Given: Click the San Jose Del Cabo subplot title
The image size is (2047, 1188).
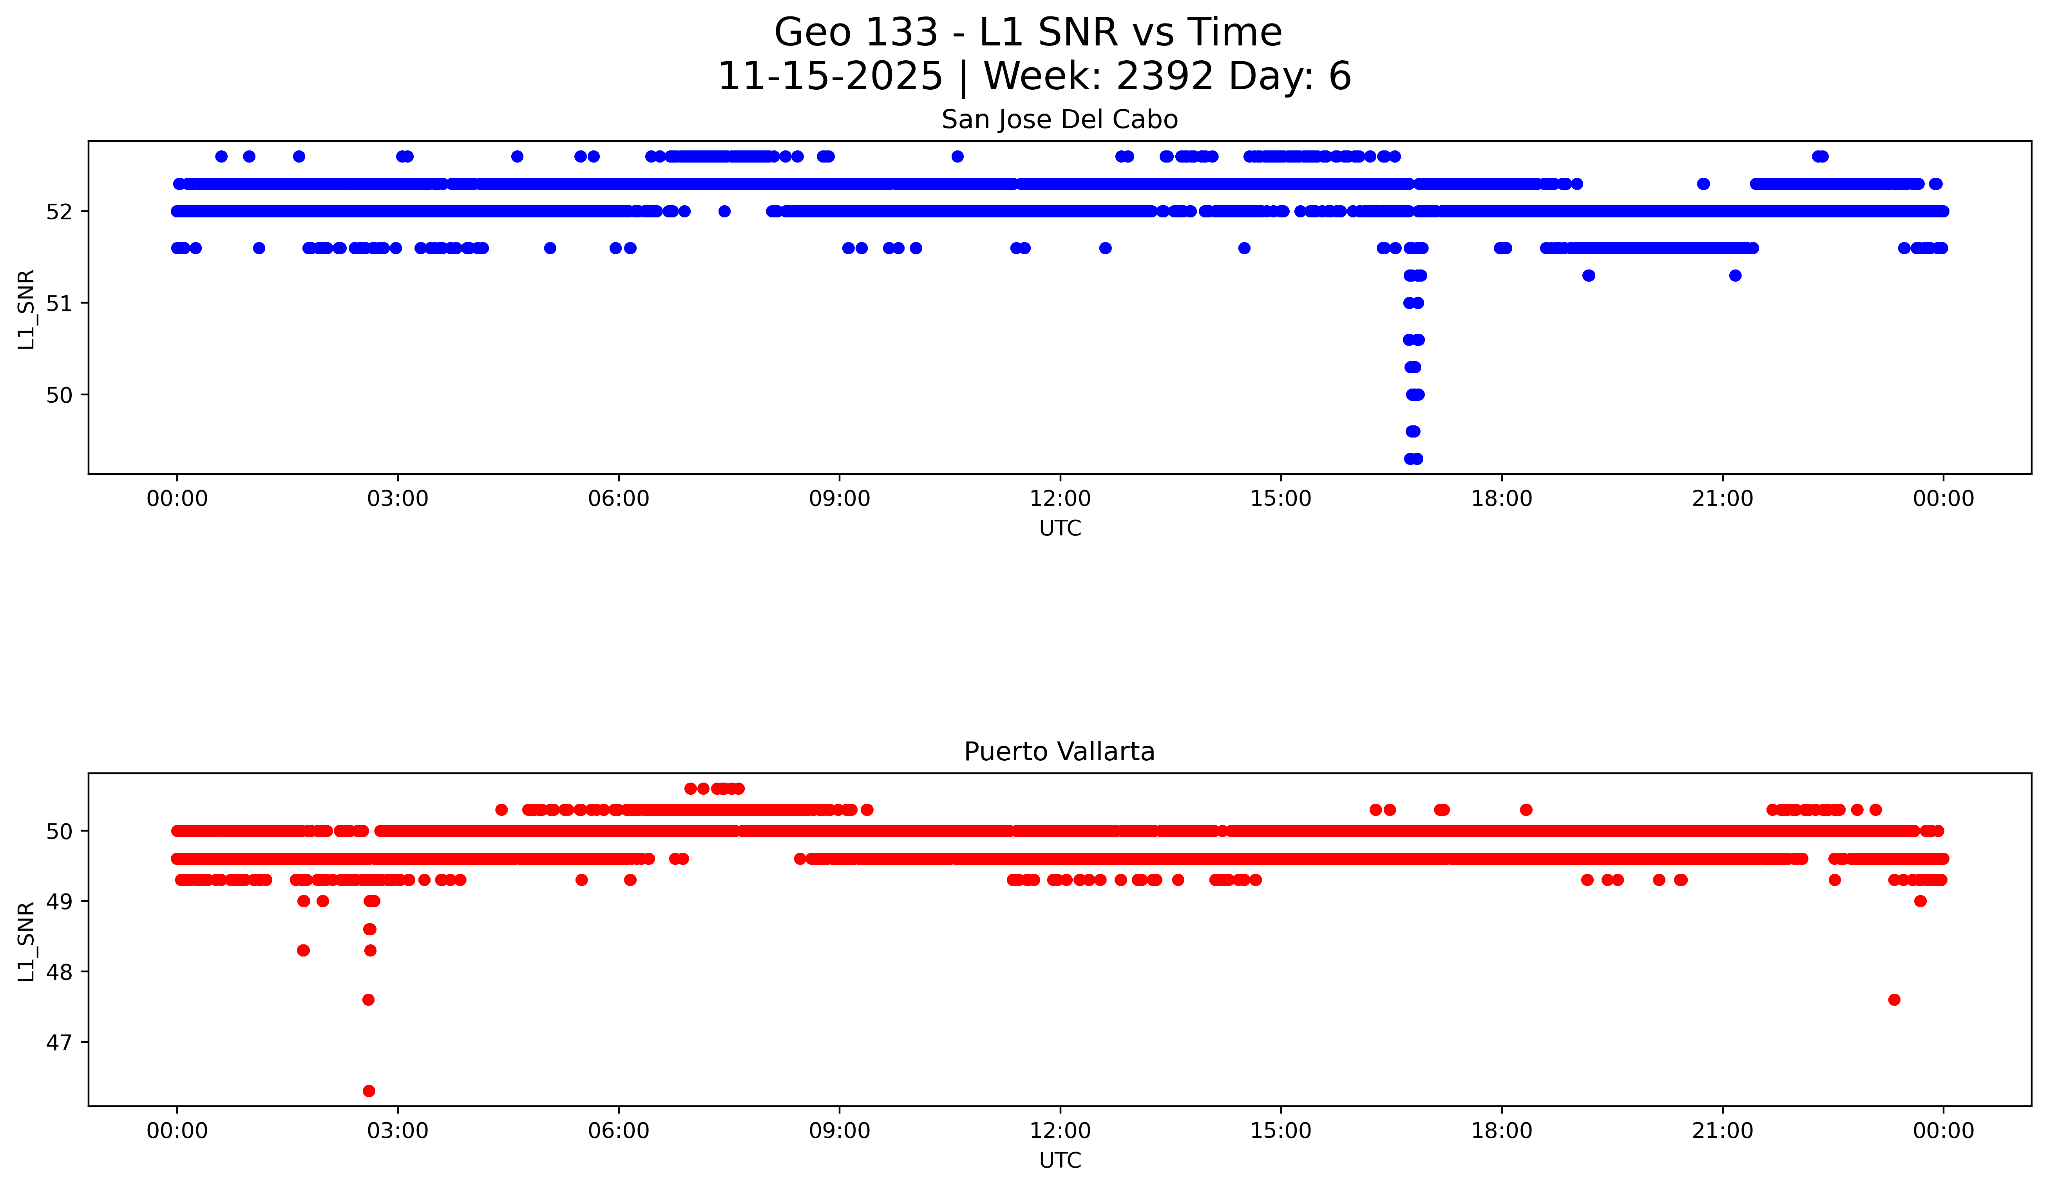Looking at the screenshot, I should (x=1059, y=120).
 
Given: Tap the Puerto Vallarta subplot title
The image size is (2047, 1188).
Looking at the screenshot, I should (x=1059, y=752).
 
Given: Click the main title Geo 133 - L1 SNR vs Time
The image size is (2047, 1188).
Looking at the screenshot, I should (x=1028, y=33).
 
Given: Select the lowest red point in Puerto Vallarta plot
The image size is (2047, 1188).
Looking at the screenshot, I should (x=369, y=1090).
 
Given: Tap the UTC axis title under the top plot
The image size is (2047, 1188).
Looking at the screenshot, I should (x=1059, y=529).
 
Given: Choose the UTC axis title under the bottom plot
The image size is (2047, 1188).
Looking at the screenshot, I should (x=1059, y=1161).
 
